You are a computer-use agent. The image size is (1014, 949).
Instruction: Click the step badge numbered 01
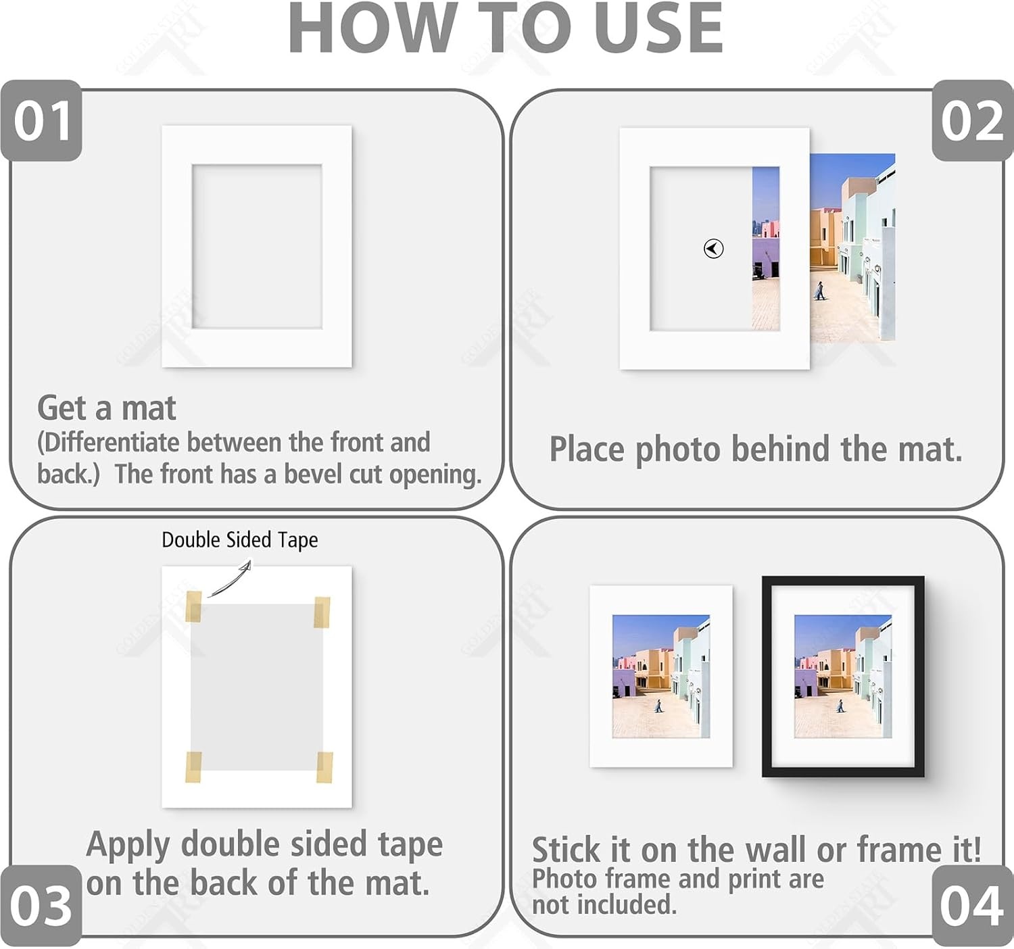click(x=41, y=120)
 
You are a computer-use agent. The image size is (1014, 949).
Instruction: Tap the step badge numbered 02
click(x=972, y=120)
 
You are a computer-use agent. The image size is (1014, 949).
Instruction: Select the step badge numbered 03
click(x=41, y=906)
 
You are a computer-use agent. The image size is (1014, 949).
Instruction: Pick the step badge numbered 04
click(x=972, y=906)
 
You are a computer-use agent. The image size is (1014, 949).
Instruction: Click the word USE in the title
click(x=658, y=28)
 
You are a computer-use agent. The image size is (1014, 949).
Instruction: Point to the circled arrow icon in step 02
click(x=713, y=249)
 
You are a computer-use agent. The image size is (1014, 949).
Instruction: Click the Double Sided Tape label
click(x=239, y=540)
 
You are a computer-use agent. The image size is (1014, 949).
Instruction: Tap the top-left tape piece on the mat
click(x=193, y=606)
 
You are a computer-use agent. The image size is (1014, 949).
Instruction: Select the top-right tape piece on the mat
click(x=322, y=612)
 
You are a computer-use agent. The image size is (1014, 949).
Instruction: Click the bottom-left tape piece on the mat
click(x=193, y=767)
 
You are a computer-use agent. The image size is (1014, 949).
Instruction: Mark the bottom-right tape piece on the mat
click(x=324, y=767)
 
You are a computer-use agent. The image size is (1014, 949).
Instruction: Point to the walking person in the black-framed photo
click(x=840, y=706)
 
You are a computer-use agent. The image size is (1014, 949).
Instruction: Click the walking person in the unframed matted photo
click(x=658, y=706)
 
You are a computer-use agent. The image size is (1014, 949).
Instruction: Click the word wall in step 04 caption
click(x=776, y=850)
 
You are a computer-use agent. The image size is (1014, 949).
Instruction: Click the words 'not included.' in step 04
click(x=604, y=905)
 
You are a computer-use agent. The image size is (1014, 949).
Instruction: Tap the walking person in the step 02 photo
click(x=819, y=291)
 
